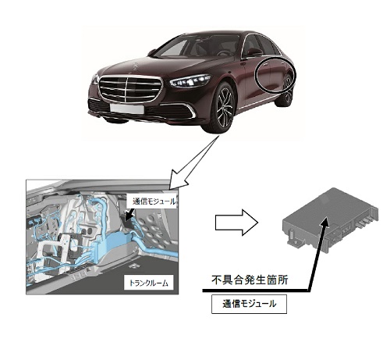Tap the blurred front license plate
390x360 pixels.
point(127,109)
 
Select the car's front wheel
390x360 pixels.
point(224,108)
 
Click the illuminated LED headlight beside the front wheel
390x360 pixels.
point(190,80)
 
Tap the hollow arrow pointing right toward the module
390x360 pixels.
point(236,223)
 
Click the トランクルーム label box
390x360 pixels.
point(148,283)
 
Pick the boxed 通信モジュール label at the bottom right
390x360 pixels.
point(249,304)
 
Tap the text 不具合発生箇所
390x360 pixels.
point(250,280)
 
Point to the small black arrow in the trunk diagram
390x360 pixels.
point(129,214)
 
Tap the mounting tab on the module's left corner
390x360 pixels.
point(293,237)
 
